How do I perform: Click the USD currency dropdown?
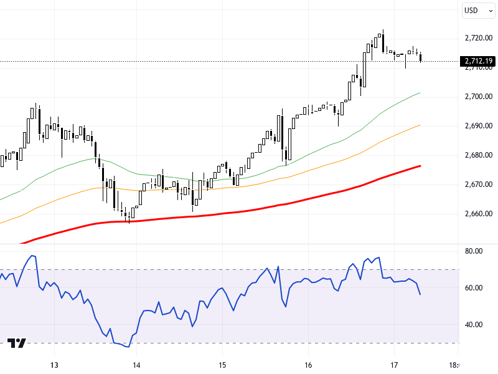pos(477,10)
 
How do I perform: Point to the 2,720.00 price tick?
pos(478,38)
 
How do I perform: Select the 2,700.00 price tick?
pos(478,97)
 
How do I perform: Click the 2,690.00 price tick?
pos(478,126)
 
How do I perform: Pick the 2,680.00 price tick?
pos(478,155)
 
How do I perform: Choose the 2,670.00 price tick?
pos(478,185)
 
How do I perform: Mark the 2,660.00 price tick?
pos(478,214)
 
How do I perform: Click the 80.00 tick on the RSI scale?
pos(474,251)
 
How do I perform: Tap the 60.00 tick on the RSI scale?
pos(474,288)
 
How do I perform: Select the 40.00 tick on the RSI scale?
pos(474,325)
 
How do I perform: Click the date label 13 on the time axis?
pos(54,365)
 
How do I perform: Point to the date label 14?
pos(137,365)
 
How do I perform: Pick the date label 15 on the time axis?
pos(222,365)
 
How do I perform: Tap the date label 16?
pos(308,365)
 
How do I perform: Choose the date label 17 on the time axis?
pos(393,365)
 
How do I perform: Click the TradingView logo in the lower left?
pos(17,343)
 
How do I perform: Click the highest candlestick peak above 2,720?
pos(382,30)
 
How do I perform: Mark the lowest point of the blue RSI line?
pos(127,347)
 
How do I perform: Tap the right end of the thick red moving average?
pos(421,166)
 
